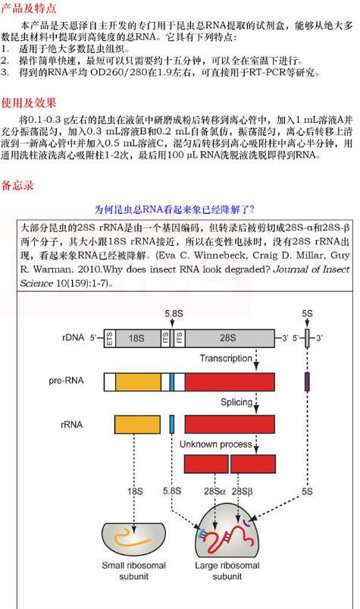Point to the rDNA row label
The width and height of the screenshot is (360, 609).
click(74, 337)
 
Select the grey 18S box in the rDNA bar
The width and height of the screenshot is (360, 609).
click(136, 338)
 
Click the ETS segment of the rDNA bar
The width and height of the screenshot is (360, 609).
click(109, 338)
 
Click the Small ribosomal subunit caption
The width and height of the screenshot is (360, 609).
click(135, 570)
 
